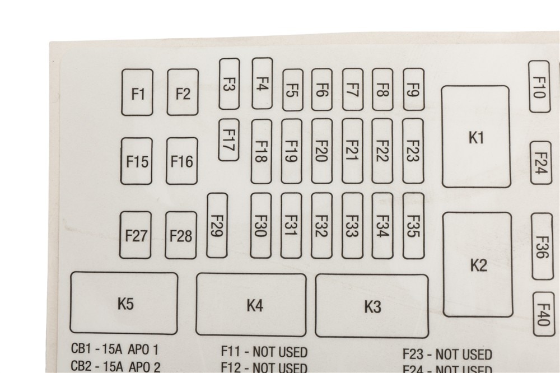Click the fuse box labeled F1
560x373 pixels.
click(x=137, y=92)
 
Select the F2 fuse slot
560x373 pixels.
click(x=183, y=92)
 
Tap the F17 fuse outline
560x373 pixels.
click(x=228, y=139)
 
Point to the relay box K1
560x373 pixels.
click(x=476, y=137)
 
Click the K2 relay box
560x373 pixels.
click(x=478, y=264)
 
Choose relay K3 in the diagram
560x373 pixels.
click(x=372, y=306)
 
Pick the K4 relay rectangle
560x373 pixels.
click(x=251, y=305)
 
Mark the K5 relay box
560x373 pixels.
click(x=124, y=303)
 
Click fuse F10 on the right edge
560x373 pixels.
click(x=539, y=86)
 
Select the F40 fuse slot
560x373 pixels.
click(x=544, y=314)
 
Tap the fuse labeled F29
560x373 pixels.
click(x=217, y=226)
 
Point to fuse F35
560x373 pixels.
click(x=413, y=226)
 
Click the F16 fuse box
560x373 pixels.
click(x=182, y=161)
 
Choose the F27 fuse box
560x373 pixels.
click(x=136, y=235)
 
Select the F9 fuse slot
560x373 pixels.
click(x=414, y=89)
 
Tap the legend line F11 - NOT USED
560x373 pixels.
click(x=264, y=352)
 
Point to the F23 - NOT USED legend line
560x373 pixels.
click(x=447, y=355)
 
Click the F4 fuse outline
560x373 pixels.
click(x=262, y=83)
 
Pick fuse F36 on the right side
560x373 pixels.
click(x=542, y=246)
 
